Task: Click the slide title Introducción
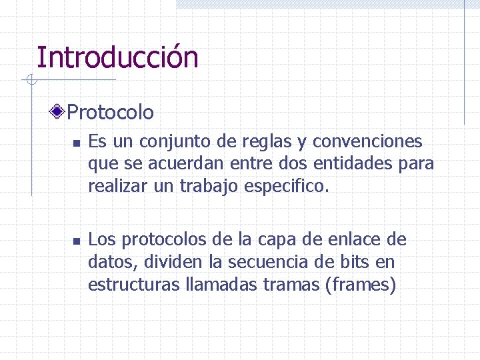point(117,57)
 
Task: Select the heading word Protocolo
point(111,112)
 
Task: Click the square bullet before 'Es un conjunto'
point(77,143)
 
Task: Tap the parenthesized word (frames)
point(360,285)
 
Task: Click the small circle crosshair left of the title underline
point(31,81)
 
